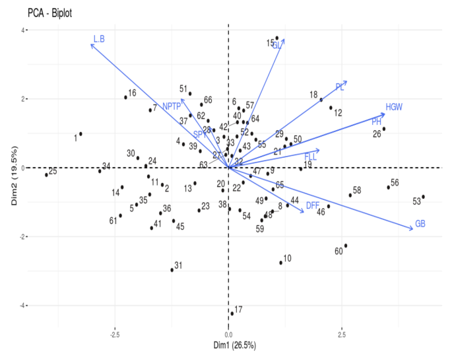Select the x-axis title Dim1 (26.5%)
click(228, 345)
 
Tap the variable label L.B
click(99, 39)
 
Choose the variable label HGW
click(394, 106)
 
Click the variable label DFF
click(313, 206)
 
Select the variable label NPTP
click(172, 106)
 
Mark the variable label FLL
click(311, 157)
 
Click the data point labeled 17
click(232, 313)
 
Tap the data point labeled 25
click(46, 175)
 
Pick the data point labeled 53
click(423, 197)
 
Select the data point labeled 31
click(172, 270)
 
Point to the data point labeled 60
click(345, 246)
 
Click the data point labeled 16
click(125, 98)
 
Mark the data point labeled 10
click(280, 263)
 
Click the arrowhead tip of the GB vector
click(414, 229)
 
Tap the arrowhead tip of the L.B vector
click(90, 44)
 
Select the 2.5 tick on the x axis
click(341, 334)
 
